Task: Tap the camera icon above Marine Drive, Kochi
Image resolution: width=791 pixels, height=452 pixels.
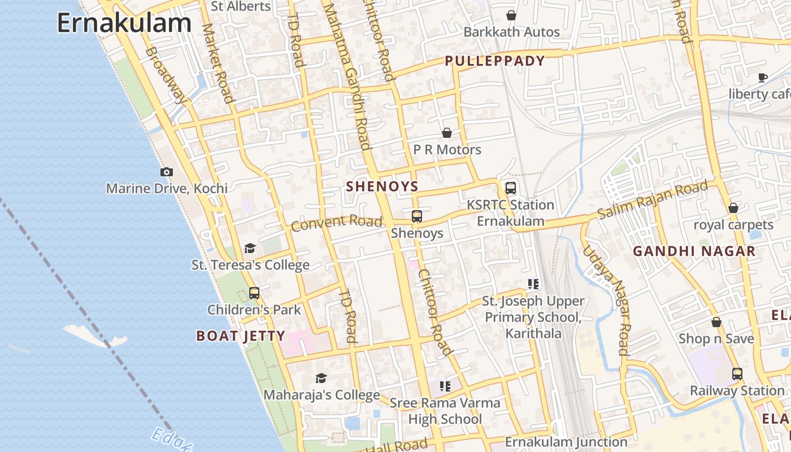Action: [166, 172]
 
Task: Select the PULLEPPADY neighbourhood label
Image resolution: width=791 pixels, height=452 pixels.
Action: [495, 61]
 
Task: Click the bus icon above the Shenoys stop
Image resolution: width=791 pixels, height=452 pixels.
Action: [417, 216]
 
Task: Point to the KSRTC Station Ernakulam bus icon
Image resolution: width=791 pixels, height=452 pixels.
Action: [510, 188]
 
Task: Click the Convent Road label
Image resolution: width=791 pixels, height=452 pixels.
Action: [337, 223]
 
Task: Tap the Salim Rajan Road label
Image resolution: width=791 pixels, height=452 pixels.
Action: [653, 201]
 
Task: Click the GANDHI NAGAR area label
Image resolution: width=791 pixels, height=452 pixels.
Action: [694, 251]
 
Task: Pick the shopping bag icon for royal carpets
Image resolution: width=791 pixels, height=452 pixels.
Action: [733, 208]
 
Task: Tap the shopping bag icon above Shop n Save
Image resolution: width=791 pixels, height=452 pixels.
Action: [716, 322]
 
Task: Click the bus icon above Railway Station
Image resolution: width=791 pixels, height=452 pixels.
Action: [737, 373]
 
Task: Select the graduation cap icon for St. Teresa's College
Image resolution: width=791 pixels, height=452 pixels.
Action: [250, 248]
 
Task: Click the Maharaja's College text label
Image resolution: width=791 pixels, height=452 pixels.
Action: [321, 395]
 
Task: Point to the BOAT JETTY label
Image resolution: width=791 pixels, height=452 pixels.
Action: [241, 336]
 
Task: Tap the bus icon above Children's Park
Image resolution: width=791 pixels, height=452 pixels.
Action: [254, 293]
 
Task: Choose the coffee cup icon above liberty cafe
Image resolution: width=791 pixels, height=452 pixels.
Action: [762, 77]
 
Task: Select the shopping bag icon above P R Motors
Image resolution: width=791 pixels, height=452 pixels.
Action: [447, 133]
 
